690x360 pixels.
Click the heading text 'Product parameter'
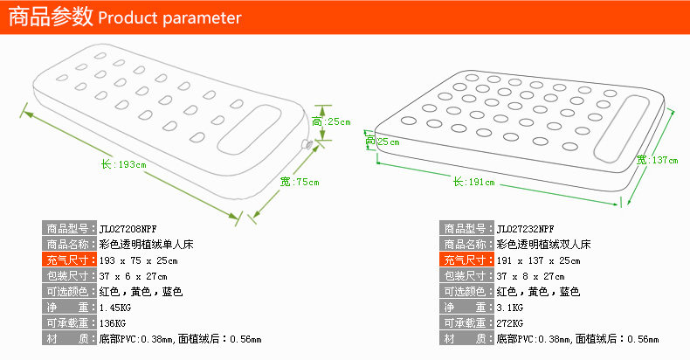coord(170,18)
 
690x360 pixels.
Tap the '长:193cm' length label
coord(123,163)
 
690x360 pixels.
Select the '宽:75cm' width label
coord(300,182)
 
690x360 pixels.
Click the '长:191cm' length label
coord(473,182)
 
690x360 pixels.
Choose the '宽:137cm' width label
coord(657,159)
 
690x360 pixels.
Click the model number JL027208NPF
coord(128,228)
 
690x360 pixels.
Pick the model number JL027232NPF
coord(525,228)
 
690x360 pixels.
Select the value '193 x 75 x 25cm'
coord(139,260)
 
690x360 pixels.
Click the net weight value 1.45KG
coord(116,308)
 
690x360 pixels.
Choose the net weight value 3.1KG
coord(510,308)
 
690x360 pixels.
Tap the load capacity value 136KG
coord(114,323)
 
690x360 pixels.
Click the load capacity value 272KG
coord(511,323)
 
